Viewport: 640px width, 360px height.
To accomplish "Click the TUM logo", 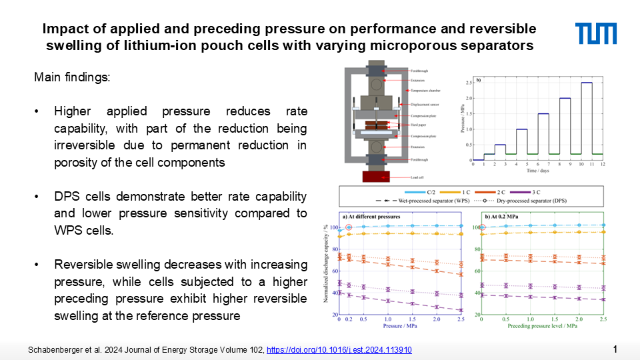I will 596,33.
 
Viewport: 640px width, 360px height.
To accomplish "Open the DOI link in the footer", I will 339,350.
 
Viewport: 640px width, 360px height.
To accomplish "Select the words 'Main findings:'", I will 73,78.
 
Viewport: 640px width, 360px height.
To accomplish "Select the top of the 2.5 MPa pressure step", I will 586,83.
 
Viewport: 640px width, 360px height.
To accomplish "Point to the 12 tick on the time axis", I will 603,165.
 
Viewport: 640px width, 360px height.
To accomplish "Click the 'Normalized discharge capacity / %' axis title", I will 326,265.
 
